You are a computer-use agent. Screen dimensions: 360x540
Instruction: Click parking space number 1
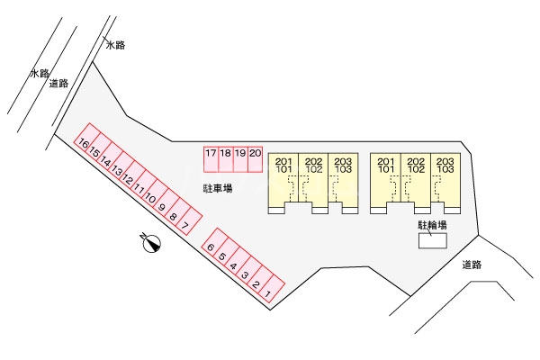tap(268, 291)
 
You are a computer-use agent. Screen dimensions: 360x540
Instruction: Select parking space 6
tap(211, 247)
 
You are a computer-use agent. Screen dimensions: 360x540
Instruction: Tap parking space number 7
tap(184, 224)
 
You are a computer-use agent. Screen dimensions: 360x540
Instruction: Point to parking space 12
tap(128, 179)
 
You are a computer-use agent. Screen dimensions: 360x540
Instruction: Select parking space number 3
tap(245, 274)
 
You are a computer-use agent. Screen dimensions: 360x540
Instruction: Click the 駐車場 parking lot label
tap(219, 188)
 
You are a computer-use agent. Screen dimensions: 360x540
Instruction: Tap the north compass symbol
tap(151, 240)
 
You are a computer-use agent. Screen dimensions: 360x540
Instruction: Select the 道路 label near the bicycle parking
tap(472, 265)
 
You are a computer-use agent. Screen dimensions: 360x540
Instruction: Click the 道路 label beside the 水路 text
tap(59, 84)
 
